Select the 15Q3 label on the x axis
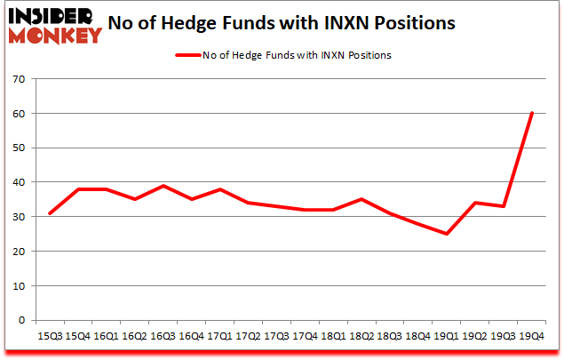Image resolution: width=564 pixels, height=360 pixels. pos(49,337)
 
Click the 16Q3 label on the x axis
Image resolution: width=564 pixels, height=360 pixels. pos(163,337)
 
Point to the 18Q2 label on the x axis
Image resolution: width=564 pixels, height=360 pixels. pos(361,337)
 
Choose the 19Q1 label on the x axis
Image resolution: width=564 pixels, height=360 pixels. pos(446,337)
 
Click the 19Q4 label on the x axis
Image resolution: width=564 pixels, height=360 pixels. pos(531,337)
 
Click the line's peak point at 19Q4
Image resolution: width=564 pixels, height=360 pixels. pos(531,113)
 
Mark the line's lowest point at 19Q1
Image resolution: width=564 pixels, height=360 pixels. pos(446,234)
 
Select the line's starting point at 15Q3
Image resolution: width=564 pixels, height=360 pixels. pos(49,213)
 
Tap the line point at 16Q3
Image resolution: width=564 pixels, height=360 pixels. pos(163,186)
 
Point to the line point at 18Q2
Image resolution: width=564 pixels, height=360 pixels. pos(361,199)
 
